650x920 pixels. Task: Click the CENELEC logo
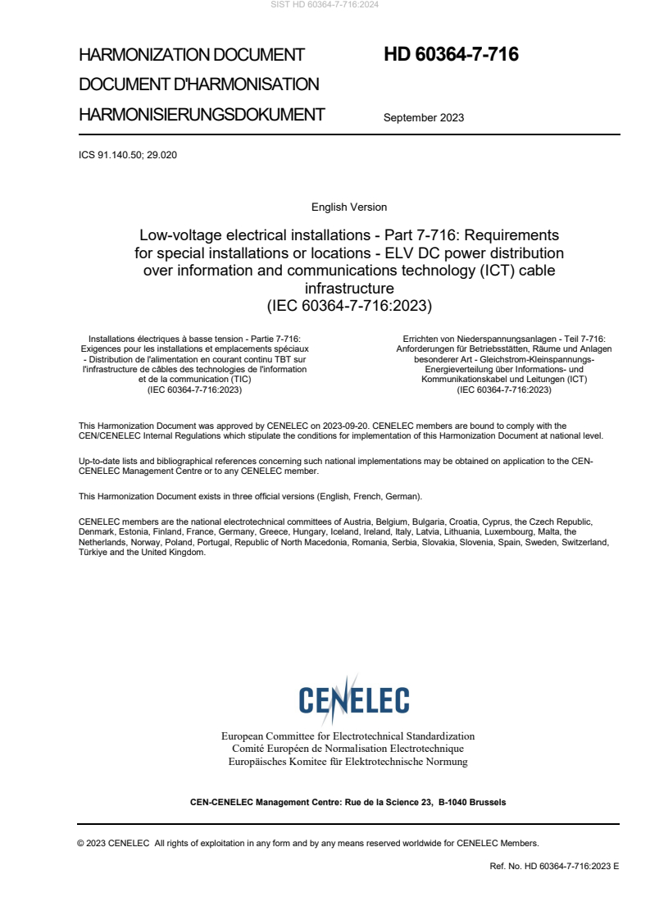353,699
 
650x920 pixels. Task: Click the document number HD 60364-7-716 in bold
451,55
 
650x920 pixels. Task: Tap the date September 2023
424,117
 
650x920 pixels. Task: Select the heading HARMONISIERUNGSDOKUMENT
202,115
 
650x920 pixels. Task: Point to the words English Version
349,207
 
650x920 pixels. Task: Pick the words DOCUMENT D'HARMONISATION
199,84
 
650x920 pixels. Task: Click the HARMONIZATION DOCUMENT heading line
192,55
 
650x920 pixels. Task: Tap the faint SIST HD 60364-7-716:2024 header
325,5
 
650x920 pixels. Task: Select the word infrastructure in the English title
349,289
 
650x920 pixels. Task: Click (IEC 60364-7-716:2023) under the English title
349,306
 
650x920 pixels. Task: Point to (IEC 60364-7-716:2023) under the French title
194,390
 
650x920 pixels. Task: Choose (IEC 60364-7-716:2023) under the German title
504,390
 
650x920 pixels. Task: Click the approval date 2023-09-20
352,426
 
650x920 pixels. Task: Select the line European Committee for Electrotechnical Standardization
348,736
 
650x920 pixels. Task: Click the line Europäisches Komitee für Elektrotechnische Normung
348,762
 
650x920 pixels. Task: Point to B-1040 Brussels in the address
472,802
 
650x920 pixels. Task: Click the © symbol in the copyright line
81,843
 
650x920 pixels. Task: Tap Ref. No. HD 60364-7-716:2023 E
554,866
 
